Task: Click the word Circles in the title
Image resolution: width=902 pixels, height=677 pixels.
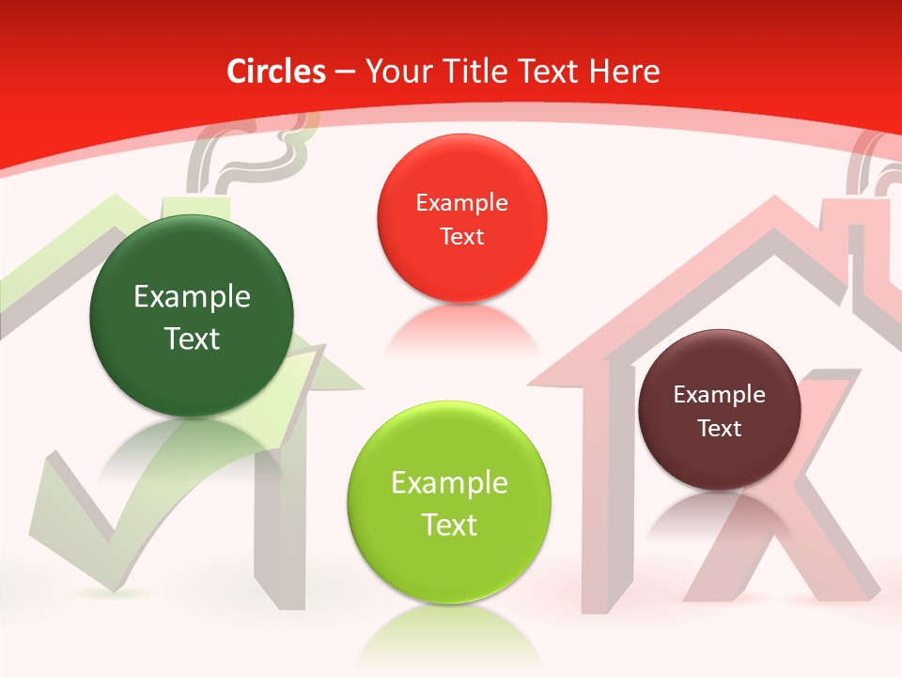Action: (275, 71)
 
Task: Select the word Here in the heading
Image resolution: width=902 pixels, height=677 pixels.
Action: (624, 71)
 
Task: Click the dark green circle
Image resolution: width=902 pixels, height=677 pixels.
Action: (192, 316)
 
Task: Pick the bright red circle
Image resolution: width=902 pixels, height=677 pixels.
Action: (461, 218)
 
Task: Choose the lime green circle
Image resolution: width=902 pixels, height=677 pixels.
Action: (449, 502)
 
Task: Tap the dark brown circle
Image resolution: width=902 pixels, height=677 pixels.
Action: (719, 410)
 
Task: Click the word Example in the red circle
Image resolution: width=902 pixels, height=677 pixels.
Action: (461, 202)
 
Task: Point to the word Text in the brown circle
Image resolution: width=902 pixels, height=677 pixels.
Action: (720, 429)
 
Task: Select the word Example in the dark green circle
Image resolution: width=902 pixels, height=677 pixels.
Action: (192, 297)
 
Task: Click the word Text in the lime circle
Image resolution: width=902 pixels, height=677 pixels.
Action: (449, 525)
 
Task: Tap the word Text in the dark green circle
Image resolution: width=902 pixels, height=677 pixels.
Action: (192, 338)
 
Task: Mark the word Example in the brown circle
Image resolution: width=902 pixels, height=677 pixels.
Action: (719, 395)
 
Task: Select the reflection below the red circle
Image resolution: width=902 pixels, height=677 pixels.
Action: (460, 329)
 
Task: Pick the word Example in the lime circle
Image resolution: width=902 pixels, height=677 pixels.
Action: (449, 483)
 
